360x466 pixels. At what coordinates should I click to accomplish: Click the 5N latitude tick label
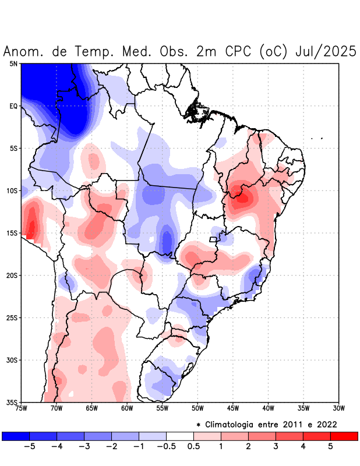13,63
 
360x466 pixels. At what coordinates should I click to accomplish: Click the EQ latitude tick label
13,106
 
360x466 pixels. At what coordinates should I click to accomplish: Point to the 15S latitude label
12,233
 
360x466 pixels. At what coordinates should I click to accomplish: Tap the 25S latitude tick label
12,317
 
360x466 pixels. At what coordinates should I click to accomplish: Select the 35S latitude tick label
12,402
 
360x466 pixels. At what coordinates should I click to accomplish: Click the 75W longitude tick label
22,408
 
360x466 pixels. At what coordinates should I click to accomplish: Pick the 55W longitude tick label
162,408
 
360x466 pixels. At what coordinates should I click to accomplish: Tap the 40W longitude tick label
268,408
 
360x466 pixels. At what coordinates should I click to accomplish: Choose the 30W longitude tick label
338,408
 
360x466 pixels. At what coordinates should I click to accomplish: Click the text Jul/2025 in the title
326,51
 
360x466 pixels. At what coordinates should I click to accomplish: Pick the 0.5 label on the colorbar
193,446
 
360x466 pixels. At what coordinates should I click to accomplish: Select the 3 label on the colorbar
276,446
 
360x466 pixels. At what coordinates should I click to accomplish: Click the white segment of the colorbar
180,436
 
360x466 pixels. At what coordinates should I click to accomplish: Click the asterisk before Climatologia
199,424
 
